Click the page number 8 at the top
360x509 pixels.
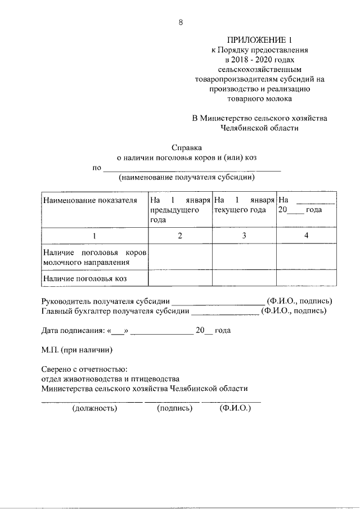(x=181, y=22)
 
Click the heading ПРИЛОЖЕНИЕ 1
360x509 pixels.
(x=259, y=39)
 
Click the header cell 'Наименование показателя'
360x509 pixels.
(x=90, y=200)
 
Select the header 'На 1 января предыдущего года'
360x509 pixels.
(x=179, y=210)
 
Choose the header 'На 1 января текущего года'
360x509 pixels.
(x=244, y=205)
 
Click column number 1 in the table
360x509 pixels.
(x=94, y=236)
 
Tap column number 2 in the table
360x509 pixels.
(x=180, y=236)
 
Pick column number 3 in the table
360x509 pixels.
(x=244, y=236)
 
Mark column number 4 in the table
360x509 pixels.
(x=306, y=236)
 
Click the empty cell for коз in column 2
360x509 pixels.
(x=180, y=278)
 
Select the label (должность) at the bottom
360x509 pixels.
(x=94, y=408)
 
